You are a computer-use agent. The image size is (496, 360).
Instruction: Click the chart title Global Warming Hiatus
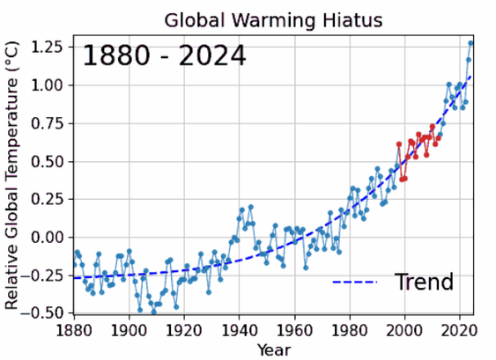coord(272,20)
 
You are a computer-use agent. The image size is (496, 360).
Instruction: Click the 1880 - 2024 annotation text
coord(164,56)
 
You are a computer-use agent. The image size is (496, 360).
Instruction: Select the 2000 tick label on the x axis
coord(404,330)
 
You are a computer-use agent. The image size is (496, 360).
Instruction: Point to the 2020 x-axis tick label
coord(459,330)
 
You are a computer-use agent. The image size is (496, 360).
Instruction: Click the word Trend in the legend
coord(424,283)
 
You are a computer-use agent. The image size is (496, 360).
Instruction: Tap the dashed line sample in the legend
coord(355,283)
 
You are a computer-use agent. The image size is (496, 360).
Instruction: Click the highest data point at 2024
coord(470,43)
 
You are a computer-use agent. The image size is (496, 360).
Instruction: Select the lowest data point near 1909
coord(153,312)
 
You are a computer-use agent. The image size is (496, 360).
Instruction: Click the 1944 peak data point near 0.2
coord(250,207)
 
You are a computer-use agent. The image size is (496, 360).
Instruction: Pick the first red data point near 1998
coord(398,144)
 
